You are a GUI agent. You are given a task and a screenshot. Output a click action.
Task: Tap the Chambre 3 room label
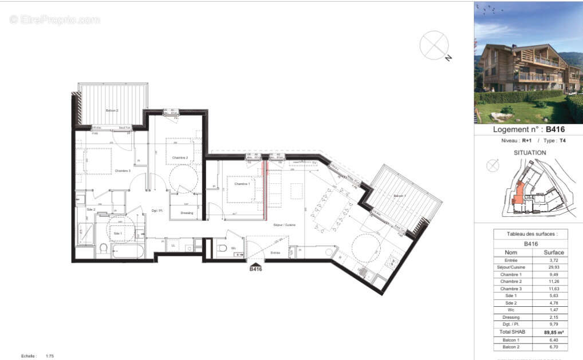coord(123,171)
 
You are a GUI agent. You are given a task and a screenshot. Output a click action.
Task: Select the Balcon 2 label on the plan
coord(112,110)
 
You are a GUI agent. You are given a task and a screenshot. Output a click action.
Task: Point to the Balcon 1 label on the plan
coord(400,196)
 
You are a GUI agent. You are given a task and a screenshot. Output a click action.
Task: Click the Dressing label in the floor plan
coord(187,213)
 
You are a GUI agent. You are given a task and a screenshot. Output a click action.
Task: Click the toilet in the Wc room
coord(222,248)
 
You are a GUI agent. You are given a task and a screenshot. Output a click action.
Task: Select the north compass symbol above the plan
coord(435,46)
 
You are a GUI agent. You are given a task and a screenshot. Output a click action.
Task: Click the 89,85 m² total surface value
coord(554,332)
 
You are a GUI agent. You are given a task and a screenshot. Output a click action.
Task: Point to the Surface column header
coord(554,252)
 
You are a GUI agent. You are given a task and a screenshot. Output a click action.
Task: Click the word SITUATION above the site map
coord(530,153)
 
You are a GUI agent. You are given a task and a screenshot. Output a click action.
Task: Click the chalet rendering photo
coord(528,62)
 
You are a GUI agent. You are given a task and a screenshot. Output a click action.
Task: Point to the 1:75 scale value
coord(50,356)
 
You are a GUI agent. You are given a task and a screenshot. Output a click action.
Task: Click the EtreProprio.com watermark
coord(55,19)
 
